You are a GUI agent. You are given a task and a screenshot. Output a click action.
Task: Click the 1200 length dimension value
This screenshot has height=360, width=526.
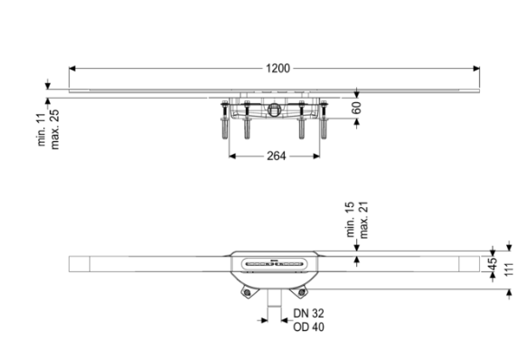[x=277, y=69]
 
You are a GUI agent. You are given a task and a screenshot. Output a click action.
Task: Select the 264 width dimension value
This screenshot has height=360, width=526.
[x=276, y=156]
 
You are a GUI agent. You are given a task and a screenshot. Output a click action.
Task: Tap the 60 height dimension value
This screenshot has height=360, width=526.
[x=357, y=108]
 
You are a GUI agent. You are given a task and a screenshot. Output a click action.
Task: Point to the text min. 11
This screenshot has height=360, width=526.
[x=42, y=129]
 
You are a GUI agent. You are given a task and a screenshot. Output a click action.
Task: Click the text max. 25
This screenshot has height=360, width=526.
[x=55, y=129]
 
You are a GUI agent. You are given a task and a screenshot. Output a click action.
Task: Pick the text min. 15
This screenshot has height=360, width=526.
[x=350, y=220]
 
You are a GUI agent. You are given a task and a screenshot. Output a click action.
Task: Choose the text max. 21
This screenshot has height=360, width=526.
[x=363, y=220]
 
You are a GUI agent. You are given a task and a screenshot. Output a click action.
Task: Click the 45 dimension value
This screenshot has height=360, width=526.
[x=493, y=264]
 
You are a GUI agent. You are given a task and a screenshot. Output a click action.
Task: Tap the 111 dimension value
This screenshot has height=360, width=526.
[x=509, y=270]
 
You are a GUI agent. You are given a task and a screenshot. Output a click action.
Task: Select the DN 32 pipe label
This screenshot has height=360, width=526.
[x=308, y=313]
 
